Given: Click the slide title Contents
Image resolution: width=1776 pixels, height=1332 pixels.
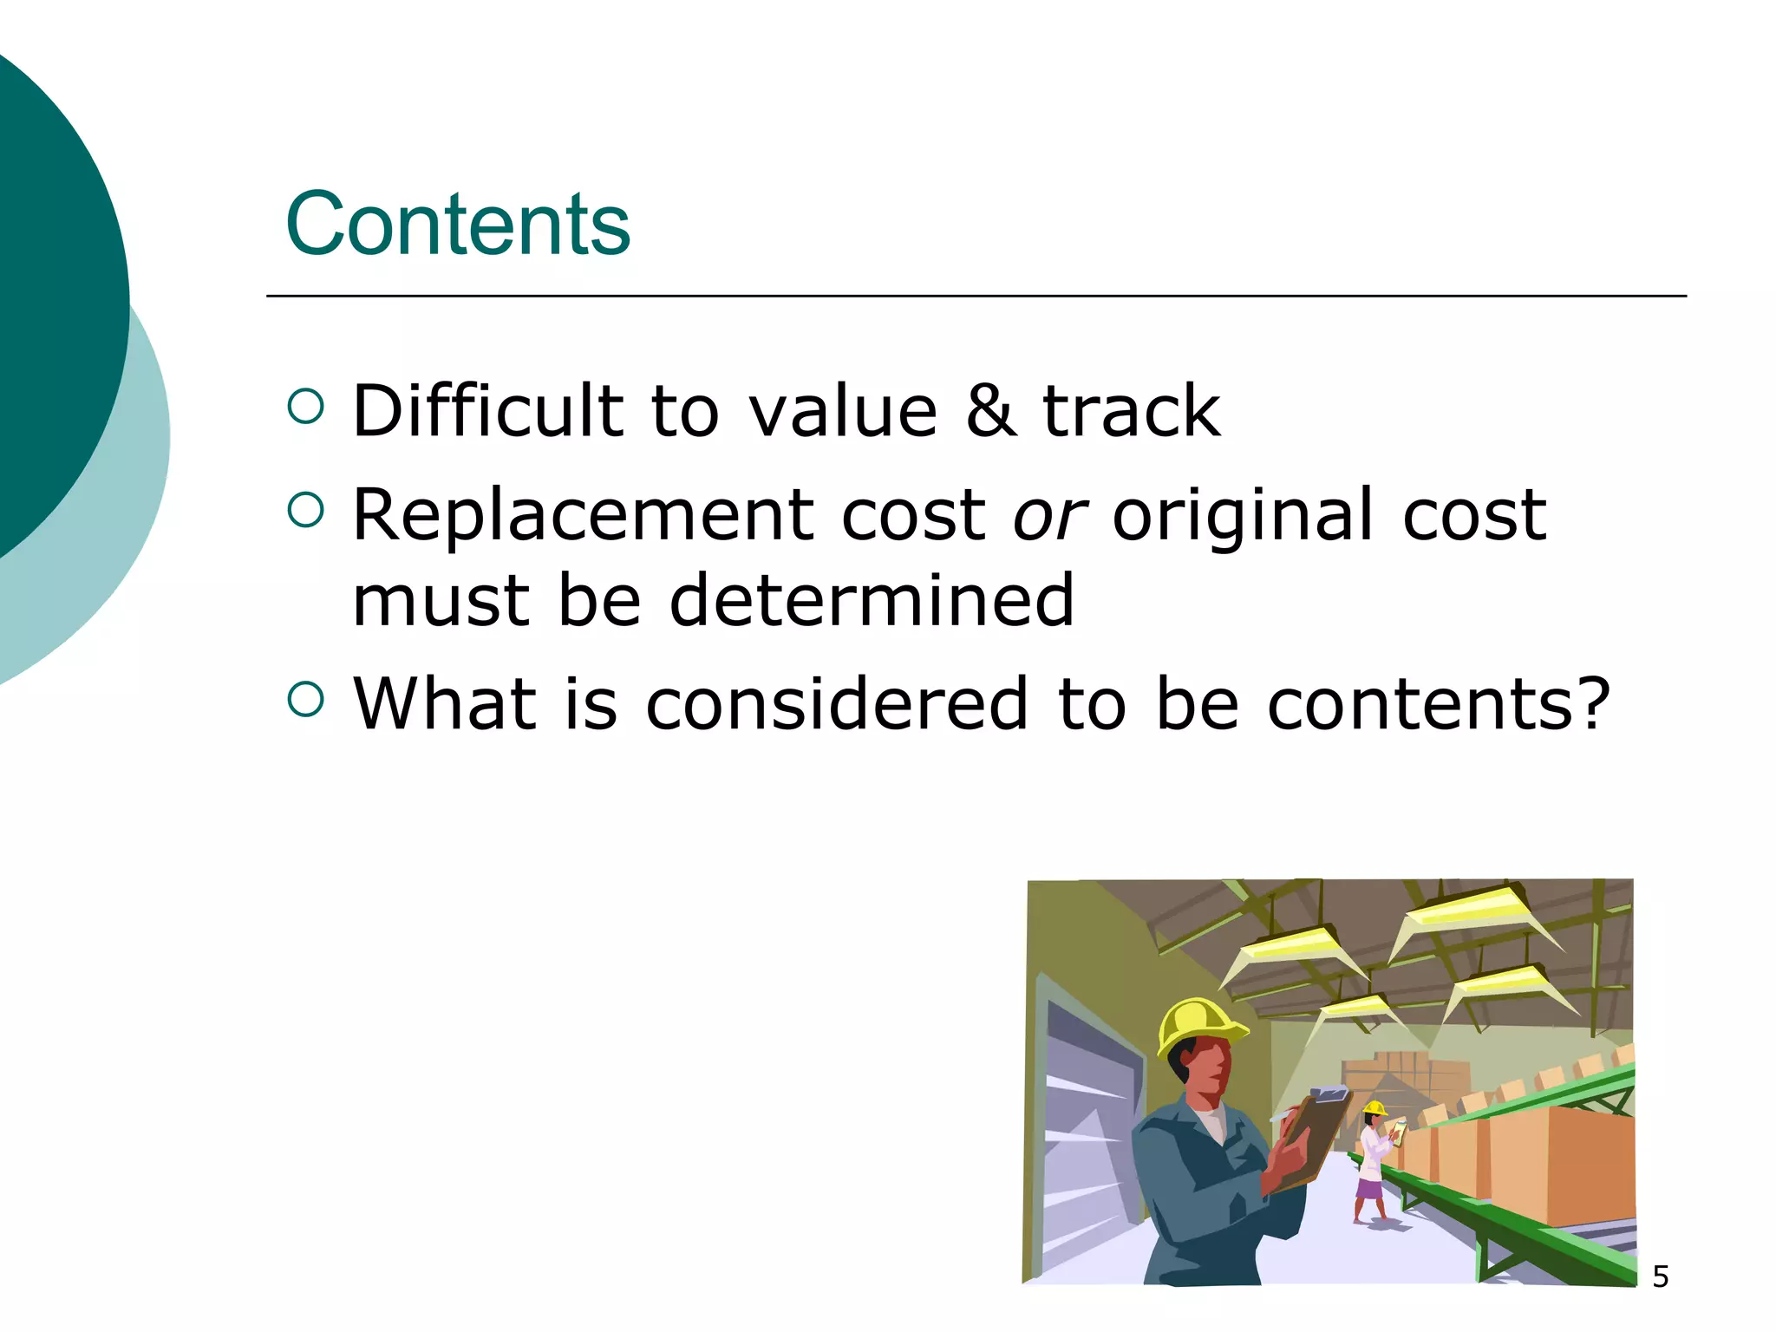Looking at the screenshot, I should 457,225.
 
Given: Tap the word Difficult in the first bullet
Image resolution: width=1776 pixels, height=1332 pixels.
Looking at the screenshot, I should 488,410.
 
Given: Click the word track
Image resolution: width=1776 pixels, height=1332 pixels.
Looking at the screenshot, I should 1131,410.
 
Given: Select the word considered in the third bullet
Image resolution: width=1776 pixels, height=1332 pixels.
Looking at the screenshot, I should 837,703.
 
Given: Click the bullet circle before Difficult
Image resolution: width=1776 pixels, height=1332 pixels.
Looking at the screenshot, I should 304,406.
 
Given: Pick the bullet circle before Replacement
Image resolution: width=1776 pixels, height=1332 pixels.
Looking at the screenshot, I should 304,511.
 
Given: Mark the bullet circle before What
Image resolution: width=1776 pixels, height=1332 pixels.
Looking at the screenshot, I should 304,699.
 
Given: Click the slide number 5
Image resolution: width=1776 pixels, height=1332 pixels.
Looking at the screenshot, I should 1660,1276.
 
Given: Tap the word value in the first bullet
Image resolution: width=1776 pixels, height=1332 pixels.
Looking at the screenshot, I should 842,410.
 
